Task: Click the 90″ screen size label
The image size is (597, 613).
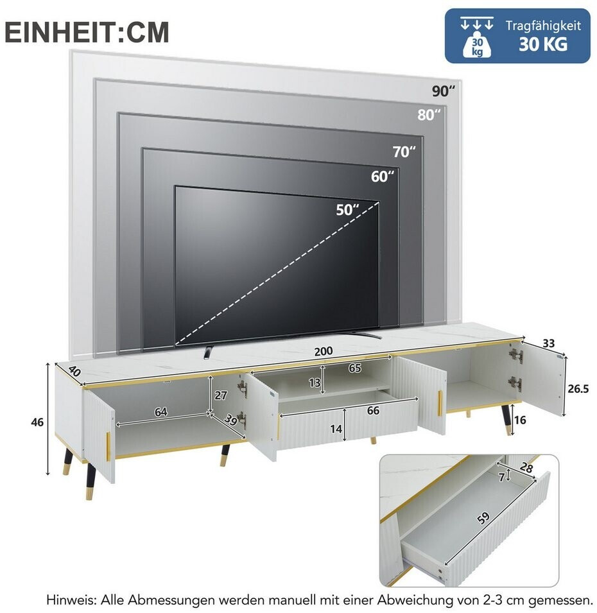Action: point(444,91)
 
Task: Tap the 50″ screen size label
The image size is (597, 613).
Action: point(347,210)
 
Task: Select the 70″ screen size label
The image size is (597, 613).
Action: point(404,151)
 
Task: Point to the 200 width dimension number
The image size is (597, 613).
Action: point(324,351)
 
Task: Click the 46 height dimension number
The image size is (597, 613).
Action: point(37,422)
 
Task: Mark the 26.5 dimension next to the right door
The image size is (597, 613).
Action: point(578,389)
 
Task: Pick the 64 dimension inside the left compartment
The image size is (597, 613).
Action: point(160,411)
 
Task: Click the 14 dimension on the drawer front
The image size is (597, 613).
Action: point(336,429)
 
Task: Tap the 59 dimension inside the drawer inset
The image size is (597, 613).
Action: point(483,518)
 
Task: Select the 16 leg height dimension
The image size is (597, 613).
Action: point(520,420)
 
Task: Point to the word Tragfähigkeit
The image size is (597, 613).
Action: point(544,26)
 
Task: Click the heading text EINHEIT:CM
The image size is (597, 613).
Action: point(87,33)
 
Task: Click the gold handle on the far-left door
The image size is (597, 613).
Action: point(108,445)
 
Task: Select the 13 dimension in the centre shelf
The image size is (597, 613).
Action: point(315,383)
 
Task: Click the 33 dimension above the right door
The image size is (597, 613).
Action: point(548,343)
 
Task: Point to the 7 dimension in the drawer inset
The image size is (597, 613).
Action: point(501,478)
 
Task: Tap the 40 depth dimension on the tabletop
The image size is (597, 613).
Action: point(74,370)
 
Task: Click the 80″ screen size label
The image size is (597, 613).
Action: point(429,115)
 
